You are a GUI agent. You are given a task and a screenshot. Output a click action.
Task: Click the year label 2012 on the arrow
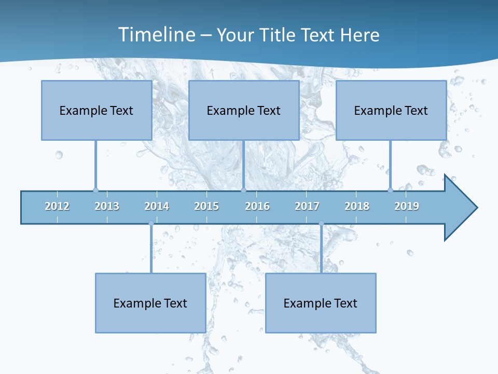click(x=57, y=206)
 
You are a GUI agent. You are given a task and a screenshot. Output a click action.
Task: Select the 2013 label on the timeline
click(x=107, y=206)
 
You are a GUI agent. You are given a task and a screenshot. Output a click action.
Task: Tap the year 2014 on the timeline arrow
click(x=157, y=206)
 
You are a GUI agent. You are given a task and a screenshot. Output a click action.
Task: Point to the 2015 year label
click(x=206, y=206)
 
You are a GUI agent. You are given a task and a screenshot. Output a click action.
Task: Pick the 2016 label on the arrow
click(x=257, y=206)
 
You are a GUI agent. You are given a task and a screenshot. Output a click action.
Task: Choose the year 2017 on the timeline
click(x=307, y=206)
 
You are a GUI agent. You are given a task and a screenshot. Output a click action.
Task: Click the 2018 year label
click(x=357, y=206)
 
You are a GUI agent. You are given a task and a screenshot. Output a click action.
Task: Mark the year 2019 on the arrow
click(x=407, y=206)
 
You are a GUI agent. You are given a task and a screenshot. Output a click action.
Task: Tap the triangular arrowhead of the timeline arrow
click(x=459, y=208)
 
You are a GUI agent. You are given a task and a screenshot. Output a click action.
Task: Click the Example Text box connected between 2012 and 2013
click(x=96, y=110)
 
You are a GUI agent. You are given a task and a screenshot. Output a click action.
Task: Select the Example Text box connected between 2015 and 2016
click(x=244, y=110)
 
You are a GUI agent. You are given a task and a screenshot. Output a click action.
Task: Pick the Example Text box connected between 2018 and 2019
click(x=391, y=110)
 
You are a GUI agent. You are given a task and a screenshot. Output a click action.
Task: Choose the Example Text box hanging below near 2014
click(x=150, y=303)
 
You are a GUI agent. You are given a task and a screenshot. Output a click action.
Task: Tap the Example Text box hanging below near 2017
click(x=321, y=303)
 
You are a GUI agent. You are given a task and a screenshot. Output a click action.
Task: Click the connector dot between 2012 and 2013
click(x=95, y=190)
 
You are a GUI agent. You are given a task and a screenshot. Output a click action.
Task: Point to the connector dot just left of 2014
click(x=151, y=223)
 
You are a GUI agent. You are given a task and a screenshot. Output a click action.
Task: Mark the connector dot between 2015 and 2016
click(x=243, y=190)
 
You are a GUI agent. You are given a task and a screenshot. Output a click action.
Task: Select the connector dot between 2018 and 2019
click(x=390, y=190)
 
